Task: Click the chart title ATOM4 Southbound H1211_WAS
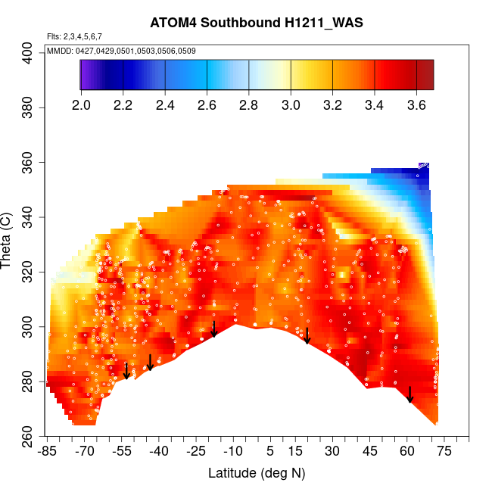pyautogui.click(x=257, y=23)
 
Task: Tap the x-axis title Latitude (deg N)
pyautogui.click(x=257, y=473)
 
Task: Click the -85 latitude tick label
pyautogui.click(x=47, y=452)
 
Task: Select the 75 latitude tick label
pyautogui.click(x=444, y=452)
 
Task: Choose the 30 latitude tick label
pyautogui.click(x=332, y=452)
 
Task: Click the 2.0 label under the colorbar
pyautogui.click(x=81, y=104)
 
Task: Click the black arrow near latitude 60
pyautogui.click(x=409, y=394)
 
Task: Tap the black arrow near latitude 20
pyautogui.click(x=307, y=335)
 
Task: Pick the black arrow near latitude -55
pyautogui.click(x=126, y=370)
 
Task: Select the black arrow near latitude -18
pyautogui.click(x=214, y=329)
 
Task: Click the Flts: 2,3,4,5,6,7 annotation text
pyautogui.click(x=74, y=36)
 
